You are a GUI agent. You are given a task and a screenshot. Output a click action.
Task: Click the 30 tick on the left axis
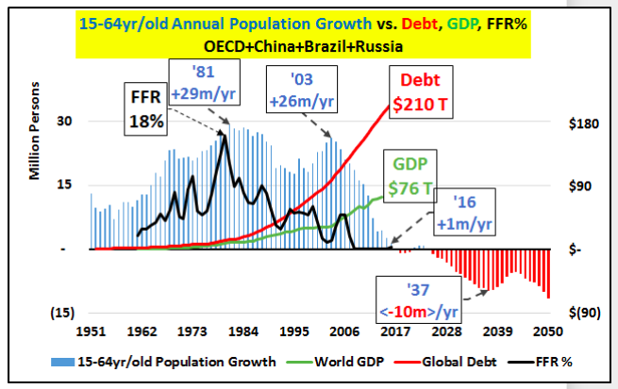pos(64,122)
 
